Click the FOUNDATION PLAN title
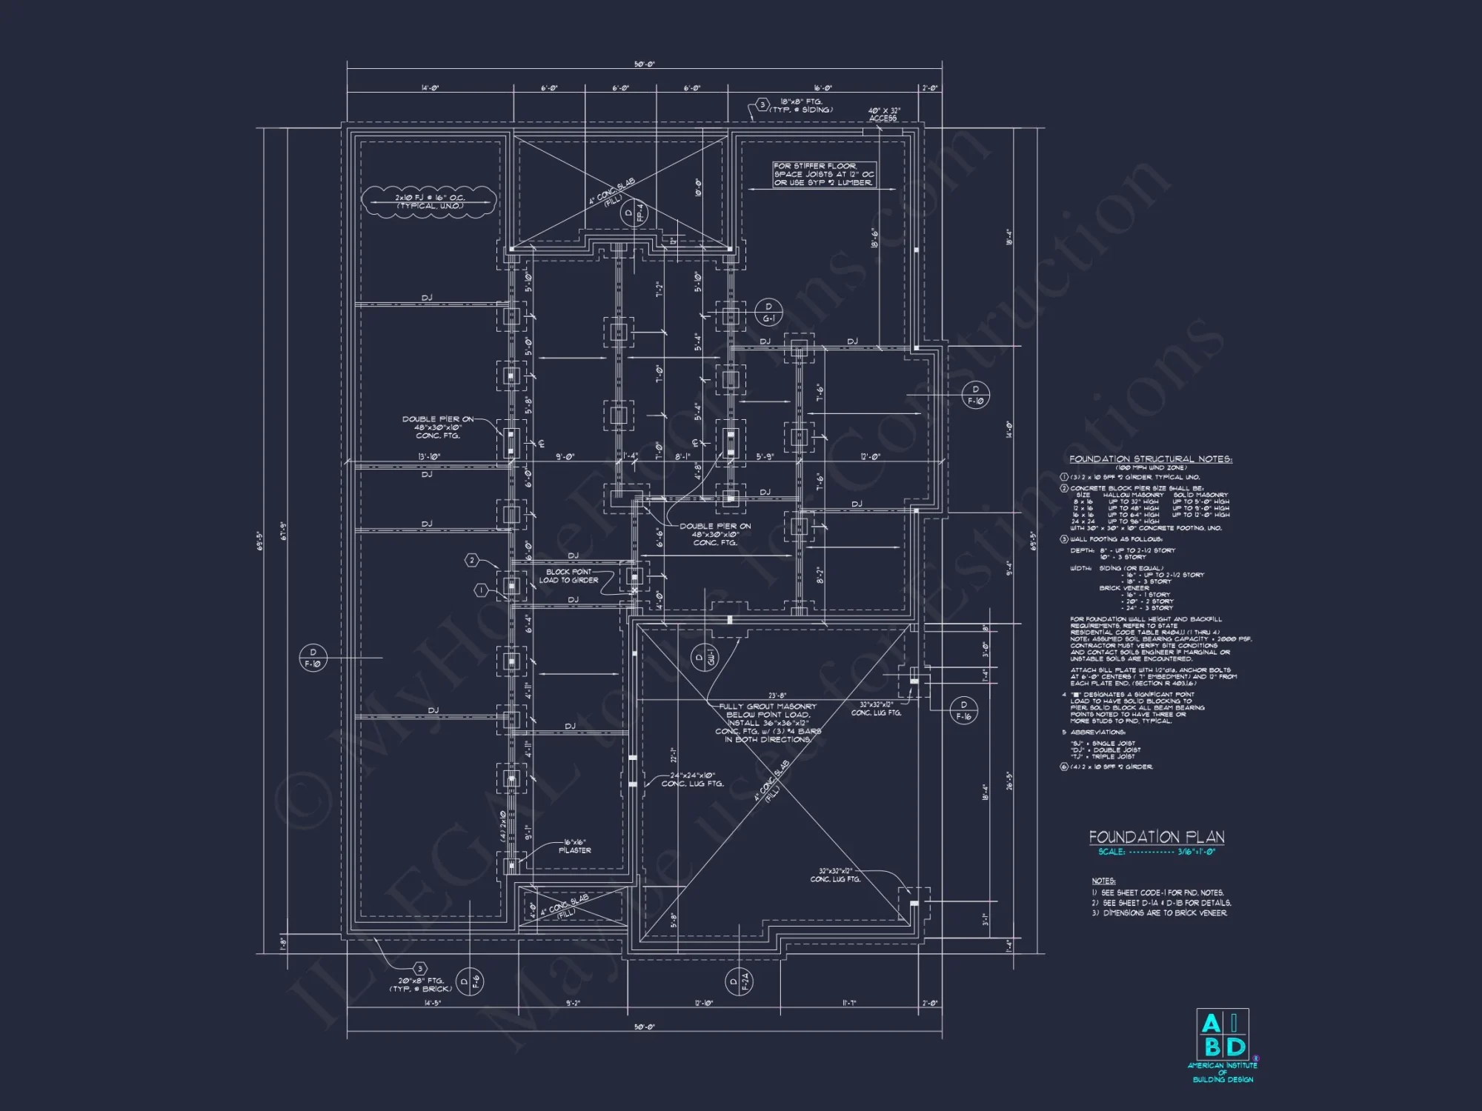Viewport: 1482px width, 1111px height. pyautogui.click(x=1156, y=837)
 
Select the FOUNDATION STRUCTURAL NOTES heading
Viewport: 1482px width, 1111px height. pyautogui.click(x=1150, y=459)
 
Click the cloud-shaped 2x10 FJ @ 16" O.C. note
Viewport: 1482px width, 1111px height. pyautogui.click(x=430, y=202)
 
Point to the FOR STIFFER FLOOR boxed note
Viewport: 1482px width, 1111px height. pyautogui.click(x=824, y=175)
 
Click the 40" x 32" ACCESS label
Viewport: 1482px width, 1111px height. pyautogui.click(x=883, y=114)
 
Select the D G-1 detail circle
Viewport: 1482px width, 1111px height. pyautogui.click(x=768, y=313)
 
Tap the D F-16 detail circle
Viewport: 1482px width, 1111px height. pyautogui.click(x=963, y=710)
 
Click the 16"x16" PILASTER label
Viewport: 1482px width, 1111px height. pyautogui.click(x=575, y=847)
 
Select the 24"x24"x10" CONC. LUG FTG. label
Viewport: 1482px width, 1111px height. pyautogui.click(x=692, y=779)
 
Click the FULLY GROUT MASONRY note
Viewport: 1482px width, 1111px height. pyautogui.click(x=768, y=723)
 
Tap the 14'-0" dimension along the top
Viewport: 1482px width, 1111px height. pyautogui.click(x=430, y=88)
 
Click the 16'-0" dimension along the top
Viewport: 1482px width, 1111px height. pyautogui.click(x=823, y=88)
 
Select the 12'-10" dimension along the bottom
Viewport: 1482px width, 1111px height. pyautogui.click(x=703, y=1003)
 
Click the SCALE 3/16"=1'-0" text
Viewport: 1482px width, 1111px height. pyautogui.click(x=1156, y=852)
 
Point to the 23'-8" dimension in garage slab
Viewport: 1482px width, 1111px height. pyautogui.click(x=777, y=695)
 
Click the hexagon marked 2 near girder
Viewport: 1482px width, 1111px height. pyautogui.click(x=472, y=560)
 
